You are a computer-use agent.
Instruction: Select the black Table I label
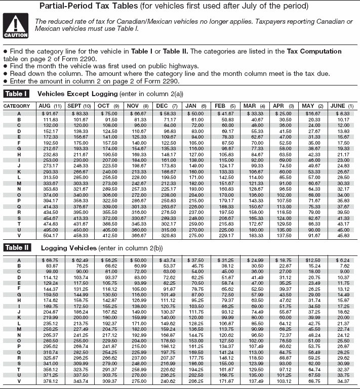click(17, 94)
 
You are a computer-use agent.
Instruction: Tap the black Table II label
click(17, 248)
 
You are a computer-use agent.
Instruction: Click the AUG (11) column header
click(50, 106)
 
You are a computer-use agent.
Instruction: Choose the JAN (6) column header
click(195, 106)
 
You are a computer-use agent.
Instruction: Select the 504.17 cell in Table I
click(51, 235)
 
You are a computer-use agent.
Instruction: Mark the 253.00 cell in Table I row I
click(51, 159)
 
